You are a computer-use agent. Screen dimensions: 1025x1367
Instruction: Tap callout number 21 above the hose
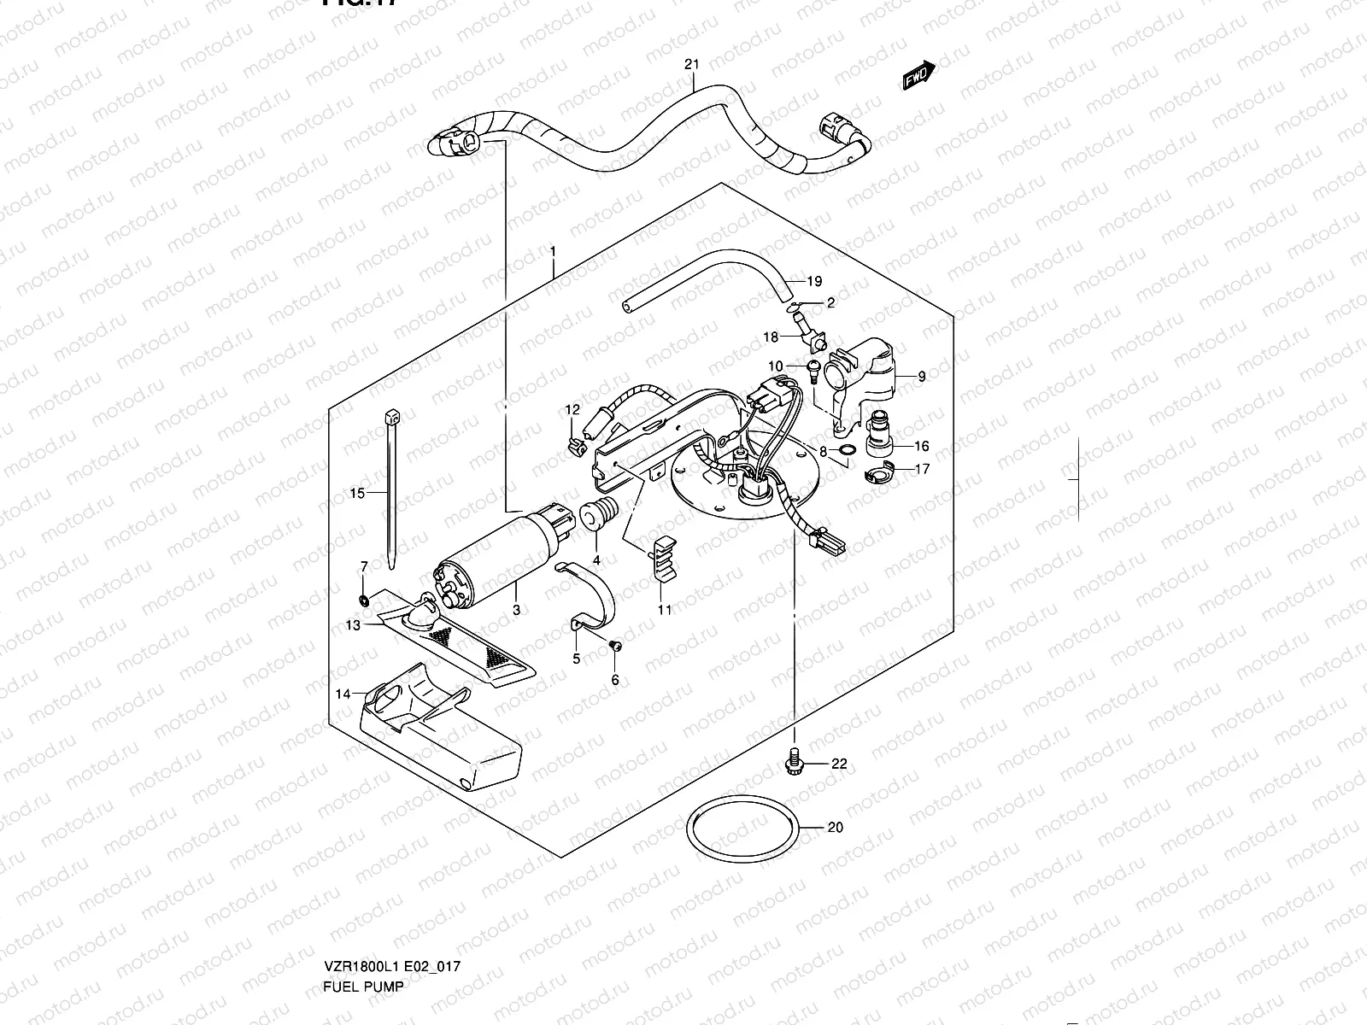tap(692, 65)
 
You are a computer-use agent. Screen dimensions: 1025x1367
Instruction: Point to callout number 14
tap(343, 694)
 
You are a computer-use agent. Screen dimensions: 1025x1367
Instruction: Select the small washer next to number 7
tap(365, 600)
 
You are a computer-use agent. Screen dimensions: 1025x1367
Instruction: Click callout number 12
tap(572, 409)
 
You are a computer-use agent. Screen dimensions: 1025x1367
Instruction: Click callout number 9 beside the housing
tap(922, 376)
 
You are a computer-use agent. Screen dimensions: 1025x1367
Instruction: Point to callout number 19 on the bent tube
tap(813, 281)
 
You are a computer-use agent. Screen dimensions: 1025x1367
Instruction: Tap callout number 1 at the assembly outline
tap(553, 252)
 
